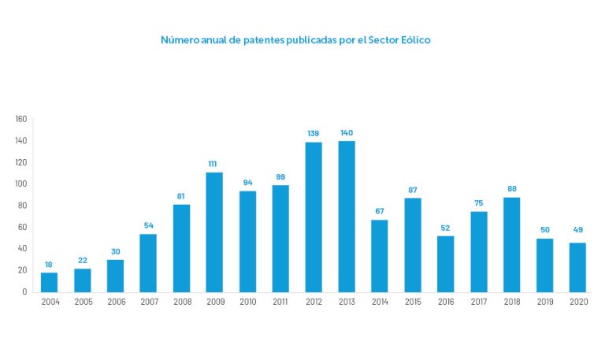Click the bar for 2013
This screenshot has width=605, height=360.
coord(347,217)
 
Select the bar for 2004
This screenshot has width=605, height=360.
coord(50,282)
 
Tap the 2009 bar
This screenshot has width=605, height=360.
coord(214,232)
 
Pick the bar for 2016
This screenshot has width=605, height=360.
coord(445,264)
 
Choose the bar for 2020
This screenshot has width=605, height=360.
coord(577,267)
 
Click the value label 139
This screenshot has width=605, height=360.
coord(314,133)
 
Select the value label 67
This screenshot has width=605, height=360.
coord(380,211)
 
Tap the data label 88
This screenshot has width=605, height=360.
coord(511,188)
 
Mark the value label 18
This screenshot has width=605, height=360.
coord(50,264)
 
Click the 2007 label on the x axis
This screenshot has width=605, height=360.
coord(148,302)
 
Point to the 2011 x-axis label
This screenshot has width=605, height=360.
coord(280,302)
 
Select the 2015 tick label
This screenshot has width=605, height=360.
coord(412,302)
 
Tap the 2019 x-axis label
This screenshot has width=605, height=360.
coord(544,302)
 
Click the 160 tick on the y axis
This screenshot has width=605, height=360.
coord(21,119)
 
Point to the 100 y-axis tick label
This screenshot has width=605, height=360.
coord(21,184)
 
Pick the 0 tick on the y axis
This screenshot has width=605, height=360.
coord(25,292)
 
